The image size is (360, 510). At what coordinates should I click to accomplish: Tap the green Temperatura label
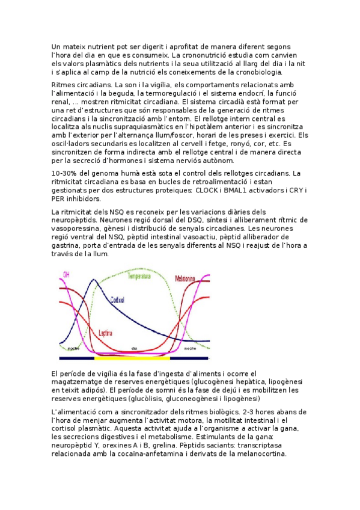tap(141, 275)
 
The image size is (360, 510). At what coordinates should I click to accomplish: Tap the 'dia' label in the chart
tap(135, 348)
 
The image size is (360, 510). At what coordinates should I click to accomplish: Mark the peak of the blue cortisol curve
tap(93, 280)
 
